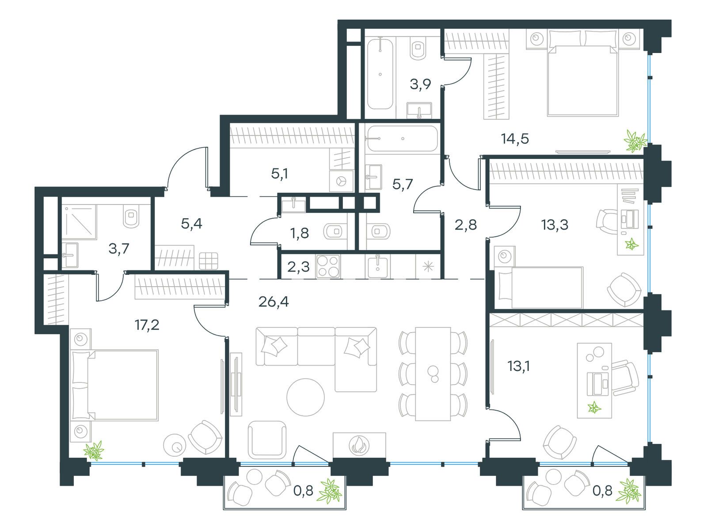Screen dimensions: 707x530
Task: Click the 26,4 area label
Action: pos(274,302)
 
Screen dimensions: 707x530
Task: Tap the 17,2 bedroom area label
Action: pos(147,326)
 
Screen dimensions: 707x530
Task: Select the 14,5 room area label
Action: pos(515,139)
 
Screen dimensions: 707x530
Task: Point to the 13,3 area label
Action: pos(555,225)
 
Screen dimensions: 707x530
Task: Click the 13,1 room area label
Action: pos(519,366)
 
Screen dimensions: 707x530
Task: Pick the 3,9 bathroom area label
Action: pos(420,84)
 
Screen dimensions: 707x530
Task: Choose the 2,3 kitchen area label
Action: pos(298,267)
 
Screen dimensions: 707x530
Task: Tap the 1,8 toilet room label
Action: pos(300,233)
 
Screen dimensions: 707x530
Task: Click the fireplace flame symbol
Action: pos(359,445)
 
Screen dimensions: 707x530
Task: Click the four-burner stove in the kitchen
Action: pos(328,266)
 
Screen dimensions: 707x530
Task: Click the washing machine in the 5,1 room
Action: pos(341,182)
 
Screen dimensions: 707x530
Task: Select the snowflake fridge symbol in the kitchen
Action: pos(428,267)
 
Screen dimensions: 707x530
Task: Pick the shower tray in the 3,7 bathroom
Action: pos(79,222)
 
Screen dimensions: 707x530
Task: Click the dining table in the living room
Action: pos(433,374)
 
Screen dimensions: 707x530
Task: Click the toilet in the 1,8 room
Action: pos(335,231)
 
